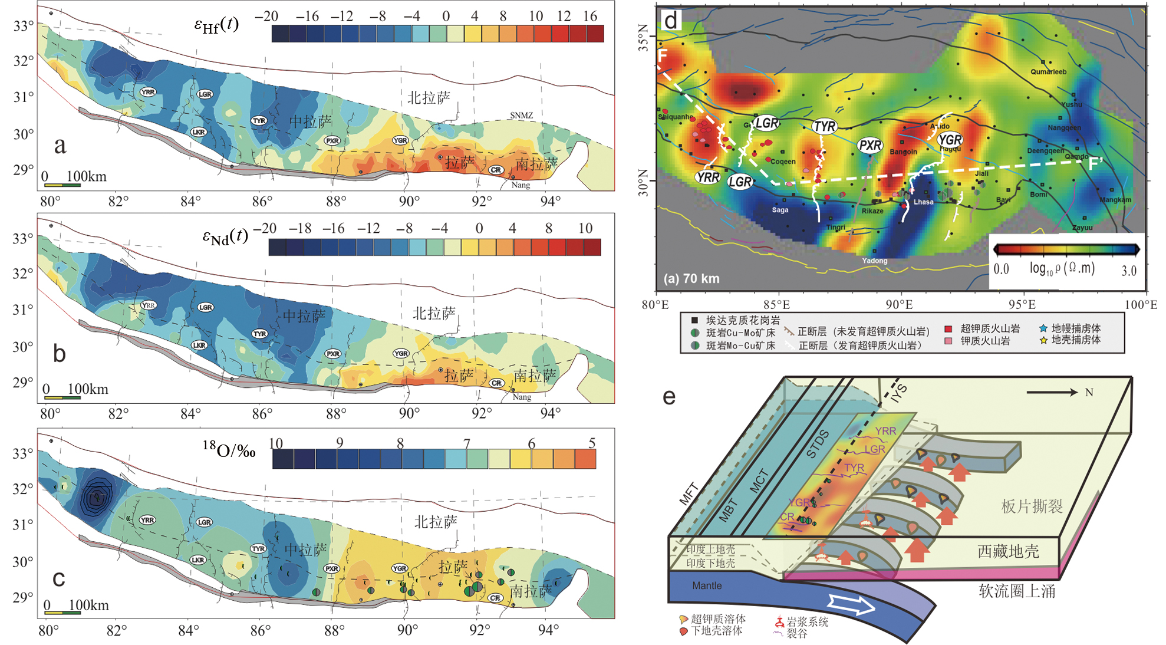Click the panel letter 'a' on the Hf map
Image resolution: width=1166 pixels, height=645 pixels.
point(60,146)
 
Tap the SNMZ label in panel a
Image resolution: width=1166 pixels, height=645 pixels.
point(521,116)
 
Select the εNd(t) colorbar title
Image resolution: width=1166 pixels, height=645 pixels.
point(225,237)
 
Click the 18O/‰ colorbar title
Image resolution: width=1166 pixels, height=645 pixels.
point(229,450)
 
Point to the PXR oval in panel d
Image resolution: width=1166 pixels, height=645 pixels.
point(870,146)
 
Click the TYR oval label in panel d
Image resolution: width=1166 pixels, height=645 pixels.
point(824,126)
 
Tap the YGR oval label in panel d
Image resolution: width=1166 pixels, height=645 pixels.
point(950,140)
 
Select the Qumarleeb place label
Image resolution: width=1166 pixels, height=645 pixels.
point(1048,72)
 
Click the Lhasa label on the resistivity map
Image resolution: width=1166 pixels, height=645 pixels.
point(923,202)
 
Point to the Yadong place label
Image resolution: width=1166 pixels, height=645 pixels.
point(874,261)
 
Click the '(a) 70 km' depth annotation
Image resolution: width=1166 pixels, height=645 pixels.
point(691,278)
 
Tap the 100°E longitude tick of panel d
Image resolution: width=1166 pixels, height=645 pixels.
point(1141,305)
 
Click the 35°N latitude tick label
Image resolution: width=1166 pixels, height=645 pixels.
point(644,38)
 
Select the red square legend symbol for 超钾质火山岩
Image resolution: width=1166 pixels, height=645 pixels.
point(948,329)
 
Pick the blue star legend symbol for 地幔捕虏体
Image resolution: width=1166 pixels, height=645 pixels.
point(1043,328)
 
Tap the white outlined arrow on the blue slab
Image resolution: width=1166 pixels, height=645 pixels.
point(852,604)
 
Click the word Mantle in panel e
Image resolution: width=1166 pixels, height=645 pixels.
point(707,585)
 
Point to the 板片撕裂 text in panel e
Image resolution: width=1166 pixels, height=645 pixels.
point(1032,506)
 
